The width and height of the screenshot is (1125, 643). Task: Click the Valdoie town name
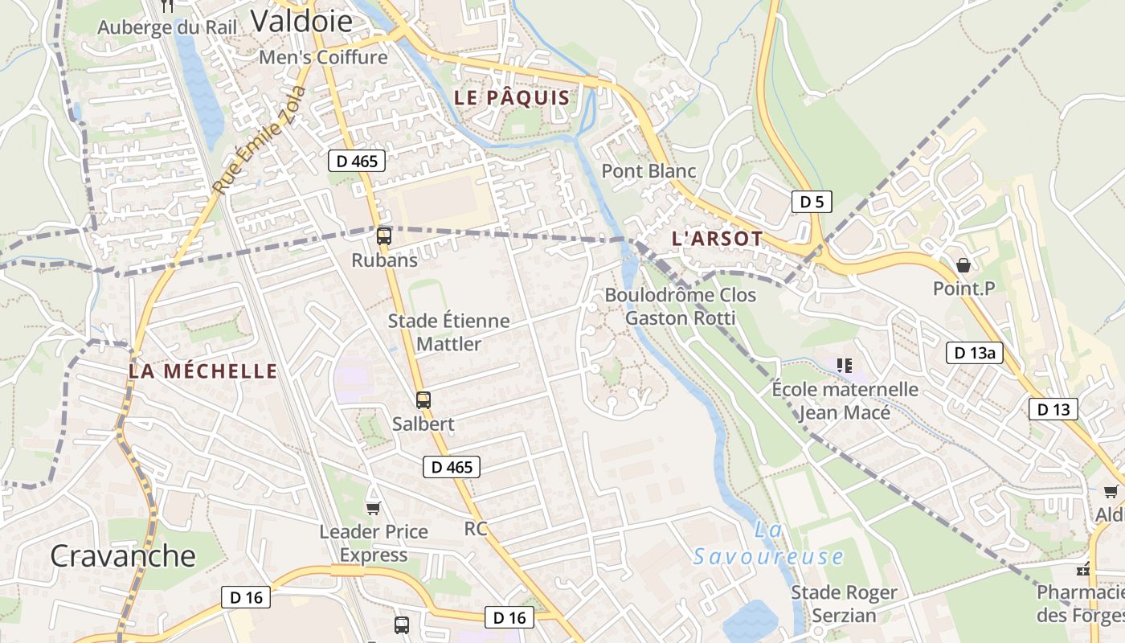coord(301,21)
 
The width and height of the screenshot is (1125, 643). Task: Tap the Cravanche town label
coord(122,555)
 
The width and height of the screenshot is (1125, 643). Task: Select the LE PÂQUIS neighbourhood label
coord(512,98)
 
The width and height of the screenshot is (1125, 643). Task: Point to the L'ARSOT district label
coord(717,239)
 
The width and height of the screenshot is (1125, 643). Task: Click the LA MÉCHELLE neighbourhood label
coord(202,371)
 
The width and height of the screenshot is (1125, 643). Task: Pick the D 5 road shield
coord(812,202)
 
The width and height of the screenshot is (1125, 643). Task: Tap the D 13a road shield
coord(974,352)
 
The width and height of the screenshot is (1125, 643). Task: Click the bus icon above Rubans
coord(384,236)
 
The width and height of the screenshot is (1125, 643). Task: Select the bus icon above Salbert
coord(423,399)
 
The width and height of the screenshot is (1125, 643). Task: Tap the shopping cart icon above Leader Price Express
coord(373,508)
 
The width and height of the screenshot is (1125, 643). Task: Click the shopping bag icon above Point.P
coord(963,265)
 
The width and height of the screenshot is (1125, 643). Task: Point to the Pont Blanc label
coord(648,171)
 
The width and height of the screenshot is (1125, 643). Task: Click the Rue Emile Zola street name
coord(260,140)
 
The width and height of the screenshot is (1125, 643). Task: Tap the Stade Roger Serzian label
coord(844,604)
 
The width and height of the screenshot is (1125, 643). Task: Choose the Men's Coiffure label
coord(323,57)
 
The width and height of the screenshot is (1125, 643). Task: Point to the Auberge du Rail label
coord(167,27)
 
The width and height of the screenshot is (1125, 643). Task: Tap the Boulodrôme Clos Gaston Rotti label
coord(680,306)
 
